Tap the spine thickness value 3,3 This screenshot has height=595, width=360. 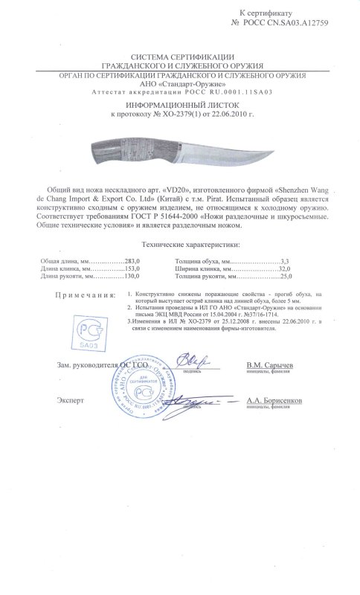(284, 262)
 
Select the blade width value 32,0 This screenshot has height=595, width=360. (283, 269)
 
